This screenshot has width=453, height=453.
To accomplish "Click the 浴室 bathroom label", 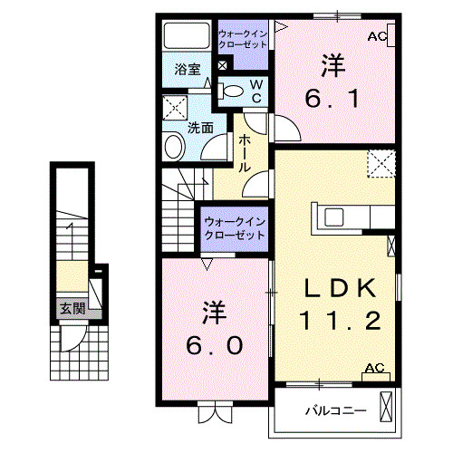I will click(x=187, y=69).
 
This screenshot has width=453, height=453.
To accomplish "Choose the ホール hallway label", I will click(x=245, y=154).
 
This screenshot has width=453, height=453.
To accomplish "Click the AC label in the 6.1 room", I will click(x=377, y=36).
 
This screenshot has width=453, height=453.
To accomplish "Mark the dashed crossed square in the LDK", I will click(x=381, y=164).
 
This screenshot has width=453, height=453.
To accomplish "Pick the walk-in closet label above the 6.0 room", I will click(x=234, y=227).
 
